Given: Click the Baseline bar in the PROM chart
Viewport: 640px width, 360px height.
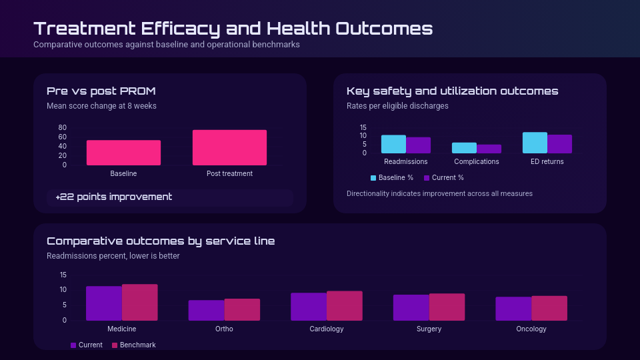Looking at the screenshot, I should point(123,153).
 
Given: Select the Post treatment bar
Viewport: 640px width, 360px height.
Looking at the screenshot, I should point(229,147).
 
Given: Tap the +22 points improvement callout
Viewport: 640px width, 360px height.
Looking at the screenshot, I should point(114,197).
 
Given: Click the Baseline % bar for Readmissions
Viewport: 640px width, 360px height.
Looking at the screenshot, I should point(393,144).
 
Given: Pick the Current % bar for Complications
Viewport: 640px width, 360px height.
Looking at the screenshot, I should point(489,149).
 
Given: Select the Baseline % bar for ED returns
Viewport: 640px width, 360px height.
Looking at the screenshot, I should point(535,143).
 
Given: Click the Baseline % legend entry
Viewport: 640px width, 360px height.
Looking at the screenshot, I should point(392,178).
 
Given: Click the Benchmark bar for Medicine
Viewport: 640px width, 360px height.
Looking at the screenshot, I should point(140,302).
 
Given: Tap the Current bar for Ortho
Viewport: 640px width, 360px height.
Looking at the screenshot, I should point(206,310).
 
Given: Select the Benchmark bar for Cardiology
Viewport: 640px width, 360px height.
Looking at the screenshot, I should point(345,305).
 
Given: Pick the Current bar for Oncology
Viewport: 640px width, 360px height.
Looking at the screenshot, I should point(513,308).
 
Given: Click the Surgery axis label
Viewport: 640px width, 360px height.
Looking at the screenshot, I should point(429,329).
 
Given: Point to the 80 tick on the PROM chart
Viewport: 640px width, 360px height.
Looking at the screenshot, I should point(63,127).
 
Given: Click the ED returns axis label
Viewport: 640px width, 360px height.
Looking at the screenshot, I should point(547,161).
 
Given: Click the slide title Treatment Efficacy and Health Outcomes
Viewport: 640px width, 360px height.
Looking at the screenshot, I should point(233,29).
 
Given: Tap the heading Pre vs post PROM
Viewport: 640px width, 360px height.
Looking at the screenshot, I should point(101,91).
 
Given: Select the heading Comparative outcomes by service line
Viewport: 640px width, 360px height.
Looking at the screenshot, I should point(161,241).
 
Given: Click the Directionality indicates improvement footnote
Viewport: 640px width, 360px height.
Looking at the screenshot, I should point(439,194).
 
